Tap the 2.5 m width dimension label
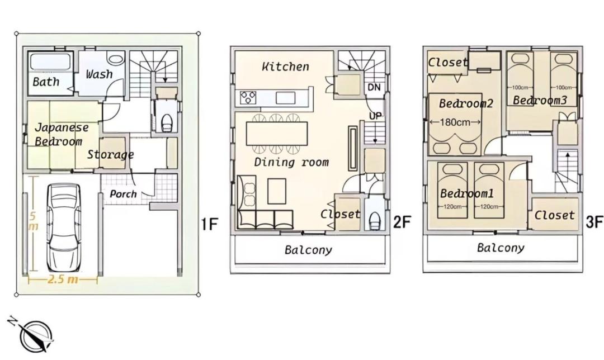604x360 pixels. click(x=63, y=279)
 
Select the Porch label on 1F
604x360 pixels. click(x=123, y=193)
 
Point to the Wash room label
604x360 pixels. click(x=100, y=74)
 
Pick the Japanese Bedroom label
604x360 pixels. click(x=62, y=134)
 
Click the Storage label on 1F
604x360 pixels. click(x=111, y=155)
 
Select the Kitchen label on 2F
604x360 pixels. click(x=285, y=67)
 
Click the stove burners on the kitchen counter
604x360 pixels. click(x=248, y=97)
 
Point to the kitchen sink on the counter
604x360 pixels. click(x=285, y=98)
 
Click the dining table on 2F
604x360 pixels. click(x=277, y=133)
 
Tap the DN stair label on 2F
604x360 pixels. click(x=374, y=87)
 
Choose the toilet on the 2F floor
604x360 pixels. click(x=375, y=221)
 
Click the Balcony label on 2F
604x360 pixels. click(x=308, y=250)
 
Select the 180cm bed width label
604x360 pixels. click(x=455, y=122)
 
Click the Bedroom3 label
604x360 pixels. click(x=540, y=101)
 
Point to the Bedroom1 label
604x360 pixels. click(x=467, y=193)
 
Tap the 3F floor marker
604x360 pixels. click(x=594, y=221)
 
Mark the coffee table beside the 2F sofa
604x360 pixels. click(x=277, y=191)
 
